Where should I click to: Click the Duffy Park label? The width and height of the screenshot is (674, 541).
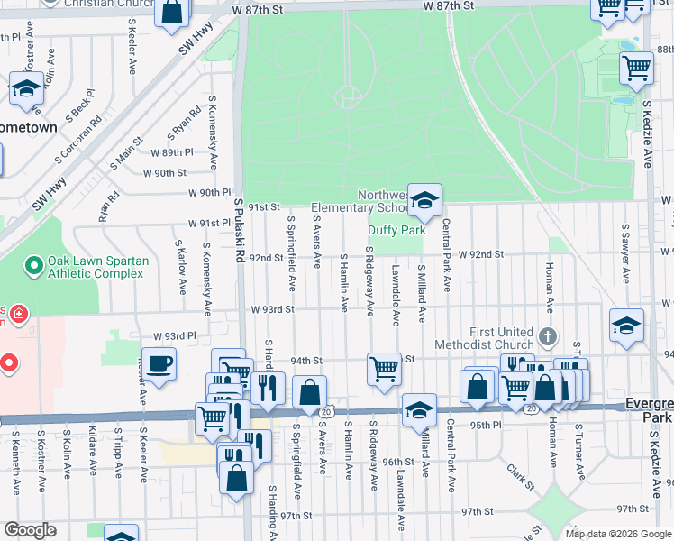(x=396, y=231)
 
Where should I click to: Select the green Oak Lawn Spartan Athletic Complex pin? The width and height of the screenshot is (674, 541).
(x=33, y=266)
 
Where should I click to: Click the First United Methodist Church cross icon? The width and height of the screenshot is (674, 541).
(x=547, y=337)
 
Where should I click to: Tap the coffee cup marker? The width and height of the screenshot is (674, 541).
(x=159, y=364)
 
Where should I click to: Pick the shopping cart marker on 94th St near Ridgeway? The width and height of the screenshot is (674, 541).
(x=385, y=369)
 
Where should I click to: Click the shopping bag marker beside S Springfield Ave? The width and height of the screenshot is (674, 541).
(x=309, y=393)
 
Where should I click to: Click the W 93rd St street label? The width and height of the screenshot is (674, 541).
(x=271, y=309)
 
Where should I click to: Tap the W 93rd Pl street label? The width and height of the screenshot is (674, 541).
(x=175, y=335)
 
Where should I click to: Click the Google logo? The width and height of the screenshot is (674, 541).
(x=30, y=530)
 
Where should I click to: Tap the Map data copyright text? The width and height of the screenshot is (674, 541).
(x=617, y=534)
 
